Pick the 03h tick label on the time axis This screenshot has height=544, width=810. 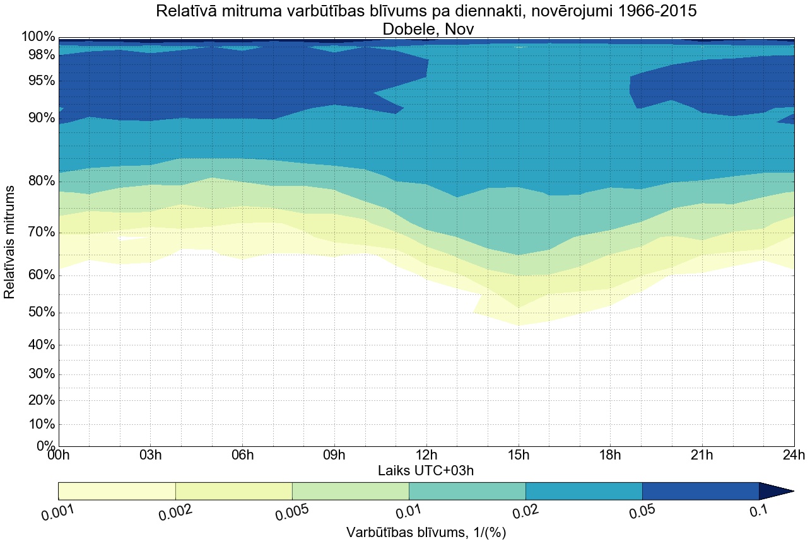click(x=150, y=455)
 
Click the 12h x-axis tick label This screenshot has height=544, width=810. click(x=426, y=455)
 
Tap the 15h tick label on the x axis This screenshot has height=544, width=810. click(x=519, y=455)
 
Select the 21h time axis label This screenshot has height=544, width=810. click(x=702, y=455)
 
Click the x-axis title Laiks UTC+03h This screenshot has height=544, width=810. click(x=426, y=470)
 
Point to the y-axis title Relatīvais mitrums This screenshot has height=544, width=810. click(x=10, y=242)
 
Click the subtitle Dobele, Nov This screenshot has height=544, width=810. click(x=426, y=28)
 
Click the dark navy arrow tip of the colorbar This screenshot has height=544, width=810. click(x=779, y=491)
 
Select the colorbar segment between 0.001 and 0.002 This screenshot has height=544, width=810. click(x=117, y=491)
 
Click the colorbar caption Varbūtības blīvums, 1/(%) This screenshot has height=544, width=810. click(x=426, y=533)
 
